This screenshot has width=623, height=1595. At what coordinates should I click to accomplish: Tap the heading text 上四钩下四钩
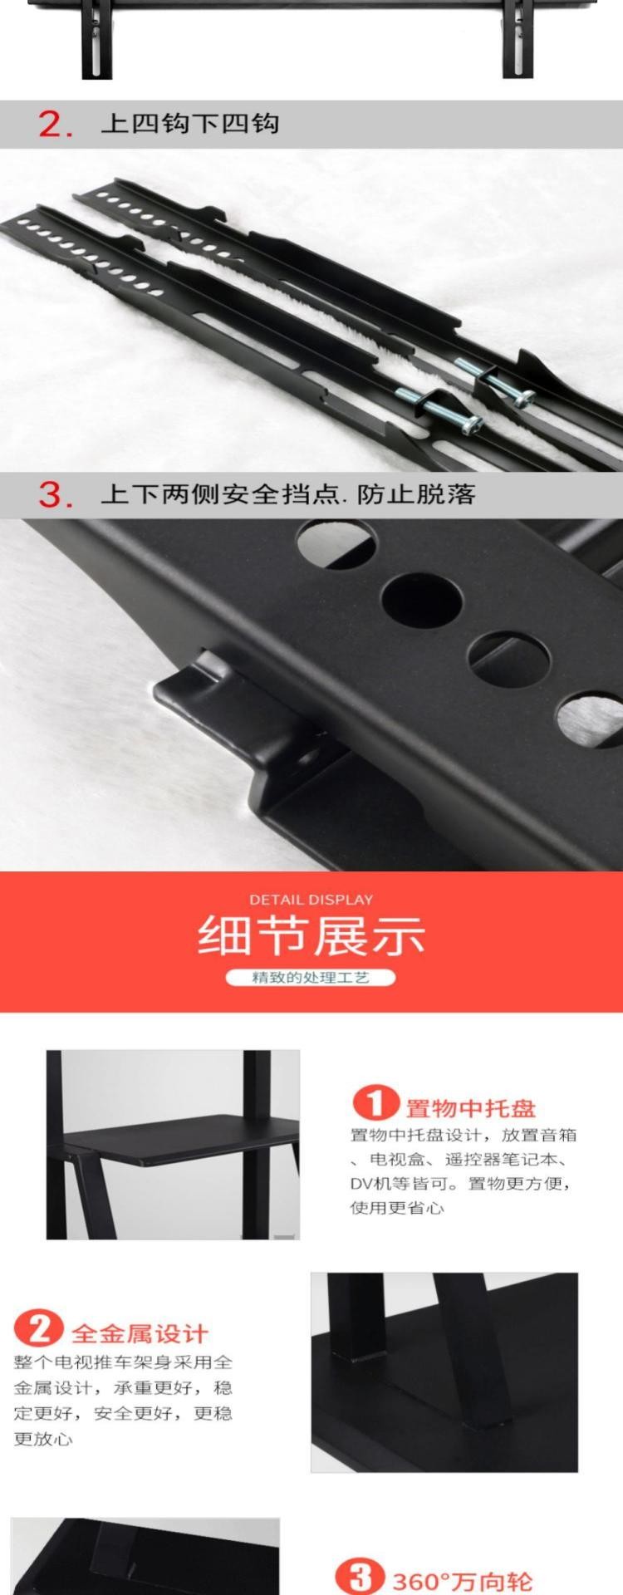(189, 124)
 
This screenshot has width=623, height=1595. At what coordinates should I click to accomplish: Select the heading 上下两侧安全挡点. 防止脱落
(288, 494)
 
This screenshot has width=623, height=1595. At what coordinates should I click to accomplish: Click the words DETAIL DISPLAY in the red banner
(311, 899)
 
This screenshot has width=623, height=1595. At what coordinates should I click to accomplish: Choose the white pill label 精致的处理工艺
(311, 977)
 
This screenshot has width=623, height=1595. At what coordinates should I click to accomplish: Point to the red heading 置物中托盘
(471, 1108)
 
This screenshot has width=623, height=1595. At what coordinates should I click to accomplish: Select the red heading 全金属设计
(139, 1334)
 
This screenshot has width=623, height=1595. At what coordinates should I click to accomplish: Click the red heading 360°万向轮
(462, 1581)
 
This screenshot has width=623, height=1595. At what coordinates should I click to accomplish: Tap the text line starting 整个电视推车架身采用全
(123, 1362)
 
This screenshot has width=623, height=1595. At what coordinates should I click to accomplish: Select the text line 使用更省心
(397, 1208)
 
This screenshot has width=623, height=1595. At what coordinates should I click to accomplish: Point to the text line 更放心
(42, 1439)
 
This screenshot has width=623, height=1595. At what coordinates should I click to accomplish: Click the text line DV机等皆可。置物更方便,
(460, 1183)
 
